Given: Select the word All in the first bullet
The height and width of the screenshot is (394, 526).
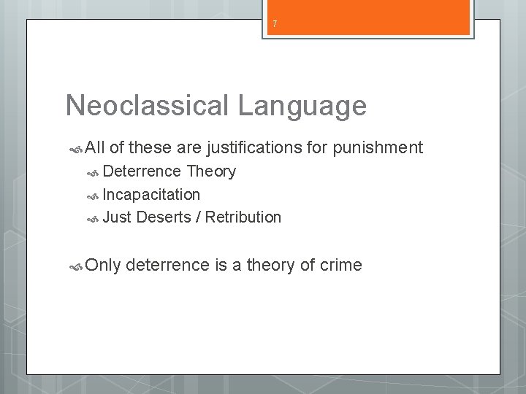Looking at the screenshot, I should click(96, 148).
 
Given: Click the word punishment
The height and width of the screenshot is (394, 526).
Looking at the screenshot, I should click(377, 148).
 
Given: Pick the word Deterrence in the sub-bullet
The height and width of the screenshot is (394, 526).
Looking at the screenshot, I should click(142, 171).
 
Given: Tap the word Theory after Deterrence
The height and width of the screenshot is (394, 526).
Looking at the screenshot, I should click(212, 171).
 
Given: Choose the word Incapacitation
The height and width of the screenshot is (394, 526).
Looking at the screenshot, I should click(151, 194).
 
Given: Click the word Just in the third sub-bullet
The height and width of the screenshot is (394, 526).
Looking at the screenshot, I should click(116, 217).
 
